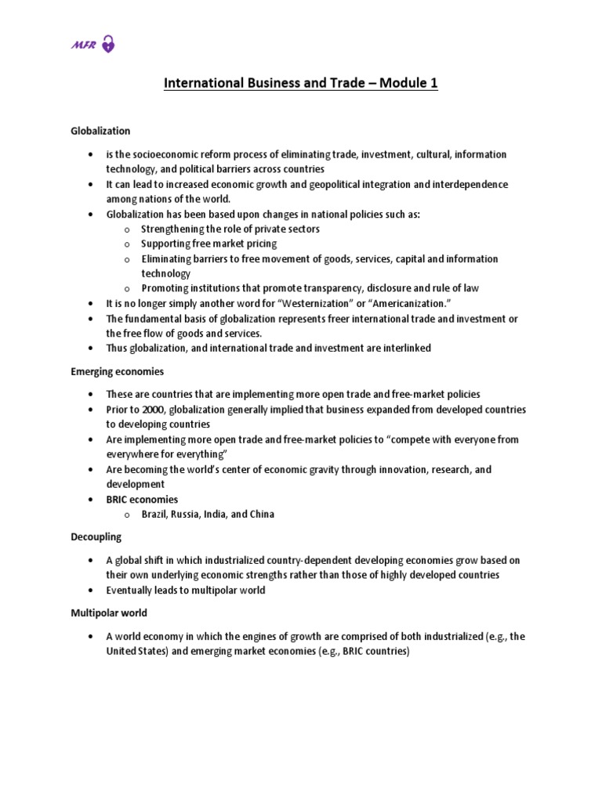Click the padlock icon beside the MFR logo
tap(108, 45)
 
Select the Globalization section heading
tap(100, 131)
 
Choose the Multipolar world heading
tap(108, 612)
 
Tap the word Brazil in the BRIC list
tap(155, 515)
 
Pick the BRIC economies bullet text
tap(142, 499)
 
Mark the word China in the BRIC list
tap(261, 515)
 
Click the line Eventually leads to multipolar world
tap(186, 590)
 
